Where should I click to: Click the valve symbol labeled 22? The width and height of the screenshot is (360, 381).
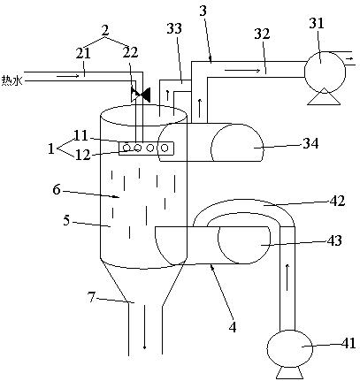[141, 95]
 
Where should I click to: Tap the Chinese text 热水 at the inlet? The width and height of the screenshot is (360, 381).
[12, 80]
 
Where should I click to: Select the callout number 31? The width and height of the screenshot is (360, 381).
[317, 23]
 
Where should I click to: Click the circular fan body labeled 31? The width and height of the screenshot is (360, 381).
[325, 72]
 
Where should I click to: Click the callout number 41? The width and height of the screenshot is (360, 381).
[348, 343]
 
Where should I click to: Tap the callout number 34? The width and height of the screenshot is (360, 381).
[310, 144]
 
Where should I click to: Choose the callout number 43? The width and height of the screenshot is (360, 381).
[334, 240]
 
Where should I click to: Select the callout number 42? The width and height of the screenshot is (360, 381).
[337, 201]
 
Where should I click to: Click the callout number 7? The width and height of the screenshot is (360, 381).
[92, 298]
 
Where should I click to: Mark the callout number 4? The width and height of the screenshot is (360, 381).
[233, 327]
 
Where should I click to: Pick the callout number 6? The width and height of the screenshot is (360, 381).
[57, 189]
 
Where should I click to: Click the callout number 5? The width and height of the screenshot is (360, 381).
[66, 220]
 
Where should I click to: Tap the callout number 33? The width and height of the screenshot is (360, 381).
[174, 28]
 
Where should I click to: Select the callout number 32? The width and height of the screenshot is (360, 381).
[262, 34]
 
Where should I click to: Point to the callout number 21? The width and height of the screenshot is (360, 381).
[83, 54]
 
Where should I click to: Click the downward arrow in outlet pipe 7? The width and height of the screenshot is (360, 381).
[144, 327]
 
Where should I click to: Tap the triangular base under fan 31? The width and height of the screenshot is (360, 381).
[324, 96]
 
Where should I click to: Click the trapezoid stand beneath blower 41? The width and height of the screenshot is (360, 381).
[289, 373]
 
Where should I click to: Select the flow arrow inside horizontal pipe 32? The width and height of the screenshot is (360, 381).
[242, 71]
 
